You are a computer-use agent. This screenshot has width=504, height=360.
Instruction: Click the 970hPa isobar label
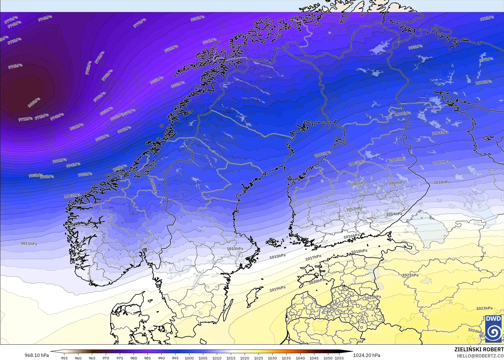click(x=15, y=66)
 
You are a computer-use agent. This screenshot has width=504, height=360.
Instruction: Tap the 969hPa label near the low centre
click(x=34, y=103)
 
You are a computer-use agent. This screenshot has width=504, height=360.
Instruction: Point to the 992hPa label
click(x=487, y=18)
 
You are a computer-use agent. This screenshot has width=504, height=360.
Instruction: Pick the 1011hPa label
click(x=29, y=244)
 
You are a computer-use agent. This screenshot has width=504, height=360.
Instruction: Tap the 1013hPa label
click(x=235, y=249)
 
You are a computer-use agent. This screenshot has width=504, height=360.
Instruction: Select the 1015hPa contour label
click(x=277, y=256)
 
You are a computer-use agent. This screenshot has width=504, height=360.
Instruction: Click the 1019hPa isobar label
click(x=277, y=289)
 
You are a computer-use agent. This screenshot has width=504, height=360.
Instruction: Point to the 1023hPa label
click(x=484, y=308)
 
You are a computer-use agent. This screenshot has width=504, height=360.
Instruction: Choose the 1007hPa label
click(x=441, y=162)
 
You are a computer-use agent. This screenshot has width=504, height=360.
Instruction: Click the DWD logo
click(x=493, y=329)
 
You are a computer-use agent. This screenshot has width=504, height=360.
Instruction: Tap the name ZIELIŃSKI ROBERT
click(x=479, y=349)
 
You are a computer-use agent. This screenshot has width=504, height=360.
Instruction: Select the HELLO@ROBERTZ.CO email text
click(x=480, y=356)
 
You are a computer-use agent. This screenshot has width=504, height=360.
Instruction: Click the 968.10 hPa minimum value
click(x=37, y=355)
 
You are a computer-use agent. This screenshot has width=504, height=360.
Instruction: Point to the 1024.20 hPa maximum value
click(x=367, y=355)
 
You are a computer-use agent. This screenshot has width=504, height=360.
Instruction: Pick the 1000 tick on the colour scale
click(x=189, y=358)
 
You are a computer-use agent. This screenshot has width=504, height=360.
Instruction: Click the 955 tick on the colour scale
click(x=64, y=358)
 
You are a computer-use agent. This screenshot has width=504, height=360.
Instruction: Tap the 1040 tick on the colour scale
click(x=300, y=358)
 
